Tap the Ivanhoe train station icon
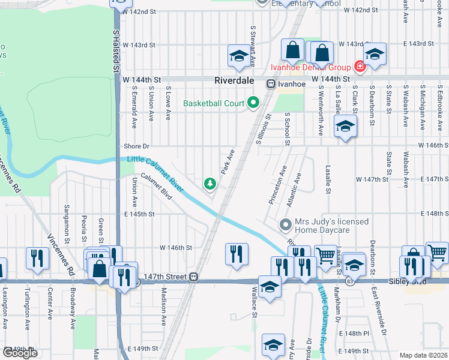(x=271, y=84)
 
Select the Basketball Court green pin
(x=253, y=103)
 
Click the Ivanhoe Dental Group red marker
(x=360, y=66)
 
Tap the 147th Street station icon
(x=194, y=277)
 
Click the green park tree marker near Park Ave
(x=210, y=184)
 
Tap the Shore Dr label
(x=136, y=146)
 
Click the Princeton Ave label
(x=277, y=185)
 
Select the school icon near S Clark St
(x=345, y=126)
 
